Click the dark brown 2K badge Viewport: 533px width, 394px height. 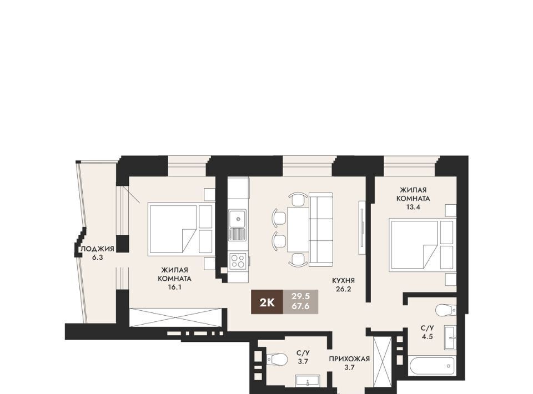click(267, 302)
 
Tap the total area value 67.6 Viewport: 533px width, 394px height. click(300, 306)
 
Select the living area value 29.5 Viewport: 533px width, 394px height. click(300, 296)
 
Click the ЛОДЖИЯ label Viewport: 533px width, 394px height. click(97, 249)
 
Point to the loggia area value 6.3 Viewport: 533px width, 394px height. click(97, 257)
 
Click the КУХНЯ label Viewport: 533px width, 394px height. click(343, 281)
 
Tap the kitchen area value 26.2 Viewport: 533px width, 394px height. click(343, 289)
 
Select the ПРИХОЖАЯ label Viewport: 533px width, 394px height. click(349, 358)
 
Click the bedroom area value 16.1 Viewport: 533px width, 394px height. click(175, 287)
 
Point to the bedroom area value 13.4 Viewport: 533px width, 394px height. click(413, 207)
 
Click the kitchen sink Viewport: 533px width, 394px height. click(237, 225)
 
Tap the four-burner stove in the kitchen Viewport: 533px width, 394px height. click(237, 261)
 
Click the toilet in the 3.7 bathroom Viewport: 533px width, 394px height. click(278, 358)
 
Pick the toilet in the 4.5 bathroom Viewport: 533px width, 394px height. click(446, 310)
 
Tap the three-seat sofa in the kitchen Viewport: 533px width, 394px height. click(321, 230)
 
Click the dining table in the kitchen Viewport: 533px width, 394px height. click(298, 230)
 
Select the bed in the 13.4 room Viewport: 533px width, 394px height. click(422, 245)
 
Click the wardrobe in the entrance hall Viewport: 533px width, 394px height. click(383, 361)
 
